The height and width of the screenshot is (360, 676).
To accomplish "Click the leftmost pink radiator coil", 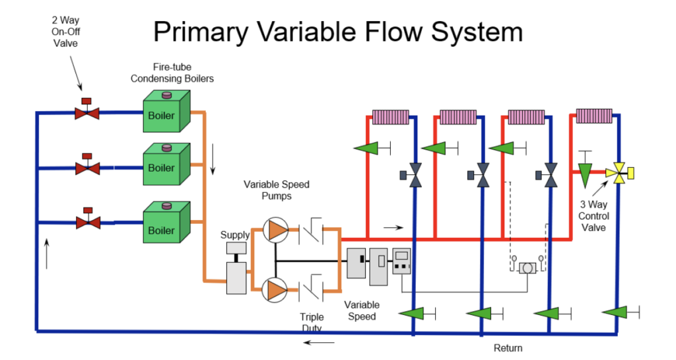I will pos(391,117).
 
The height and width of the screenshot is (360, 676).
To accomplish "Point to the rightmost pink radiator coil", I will pos(595,116).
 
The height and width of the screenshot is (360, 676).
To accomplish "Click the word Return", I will pos(508,348).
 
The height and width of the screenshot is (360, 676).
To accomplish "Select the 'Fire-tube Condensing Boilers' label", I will pos(172,73).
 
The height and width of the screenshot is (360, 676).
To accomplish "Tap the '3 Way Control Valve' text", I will pos(593,216).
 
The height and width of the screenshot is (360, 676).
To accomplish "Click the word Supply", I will pos(235,234).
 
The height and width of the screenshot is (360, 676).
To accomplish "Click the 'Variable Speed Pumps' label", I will pos(276,190).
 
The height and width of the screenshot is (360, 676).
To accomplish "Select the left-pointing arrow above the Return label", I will pos(318,343).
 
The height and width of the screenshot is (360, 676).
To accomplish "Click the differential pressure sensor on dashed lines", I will pos(527,268).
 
